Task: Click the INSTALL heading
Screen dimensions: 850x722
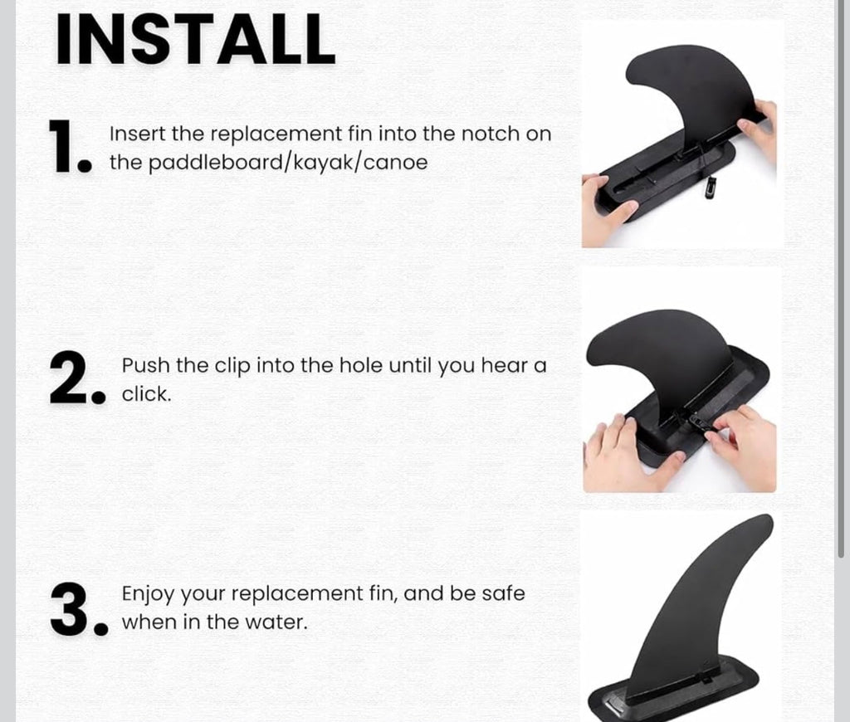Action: [x=196, y=39]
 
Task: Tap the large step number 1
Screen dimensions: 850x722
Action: [x=71, y=147]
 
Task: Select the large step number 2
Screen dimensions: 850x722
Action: [x=77, y=378]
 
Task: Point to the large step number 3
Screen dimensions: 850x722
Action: [x=79, y=609]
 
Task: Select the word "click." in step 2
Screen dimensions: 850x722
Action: [x=146, y=394]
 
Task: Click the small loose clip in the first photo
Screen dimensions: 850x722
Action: [x=711, y=188]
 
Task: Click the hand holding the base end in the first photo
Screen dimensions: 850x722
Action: [x=607, y=208]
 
